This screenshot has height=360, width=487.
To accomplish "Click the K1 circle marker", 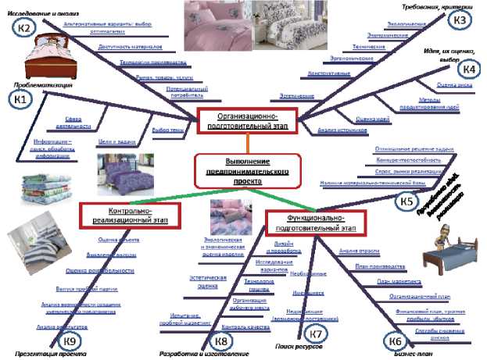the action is pyautogui.click(x=21, y=99).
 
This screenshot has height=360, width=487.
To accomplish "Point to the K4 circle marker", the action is pyautogui.click(x=467, y=69).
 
